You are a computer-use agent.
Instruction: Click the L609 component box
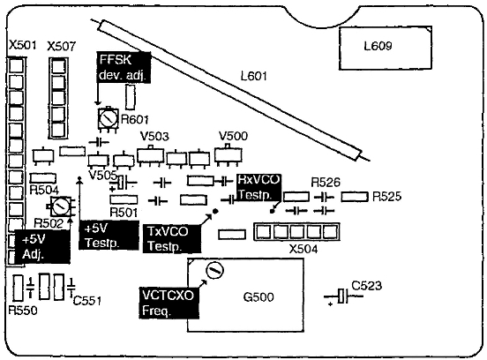click(386, 48)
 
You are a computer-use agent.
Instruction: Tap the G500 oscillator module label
click(258, 297)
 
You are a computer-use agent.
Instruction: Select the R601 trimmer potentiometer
click(108, 118)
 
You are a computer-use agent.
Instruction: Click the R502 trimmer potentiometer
click(61, 206)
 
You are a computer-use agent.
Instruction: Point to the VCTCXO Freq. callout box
click(169, 303)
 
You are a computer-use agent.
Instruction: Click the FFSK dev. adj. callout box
click(124, 67)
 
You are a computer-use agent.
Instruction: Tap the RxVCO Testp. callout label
click(258, 187)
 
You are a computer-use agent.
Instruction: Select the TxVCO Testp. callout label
click(172, 238)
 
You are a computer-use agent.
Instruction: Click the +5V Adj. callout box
click(42, 247)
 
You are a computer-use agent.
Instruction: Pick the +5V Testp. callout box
click(109, 235)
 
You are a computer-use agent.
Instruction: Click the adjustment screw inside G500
click(214, 271)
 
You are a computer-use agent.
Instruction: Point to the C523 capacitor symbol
click(343, 296)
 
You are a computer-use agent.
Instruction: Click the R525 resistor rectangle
click(355, 197)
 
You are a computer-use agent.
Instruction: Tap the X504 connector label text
click(303, 249)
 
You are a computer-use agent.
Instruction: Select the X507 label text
click(62, 46)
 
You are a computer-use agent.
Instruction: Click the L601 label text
click(254, 76)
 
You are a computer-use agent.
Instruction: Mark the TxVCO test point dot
click(215, 211)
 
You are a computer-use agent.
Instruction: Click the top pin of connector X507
click(59, 66)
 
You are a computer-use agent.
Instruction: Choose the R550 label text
click(23, 310)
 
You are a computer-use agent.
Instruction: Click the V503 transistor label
click(154, 136)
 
